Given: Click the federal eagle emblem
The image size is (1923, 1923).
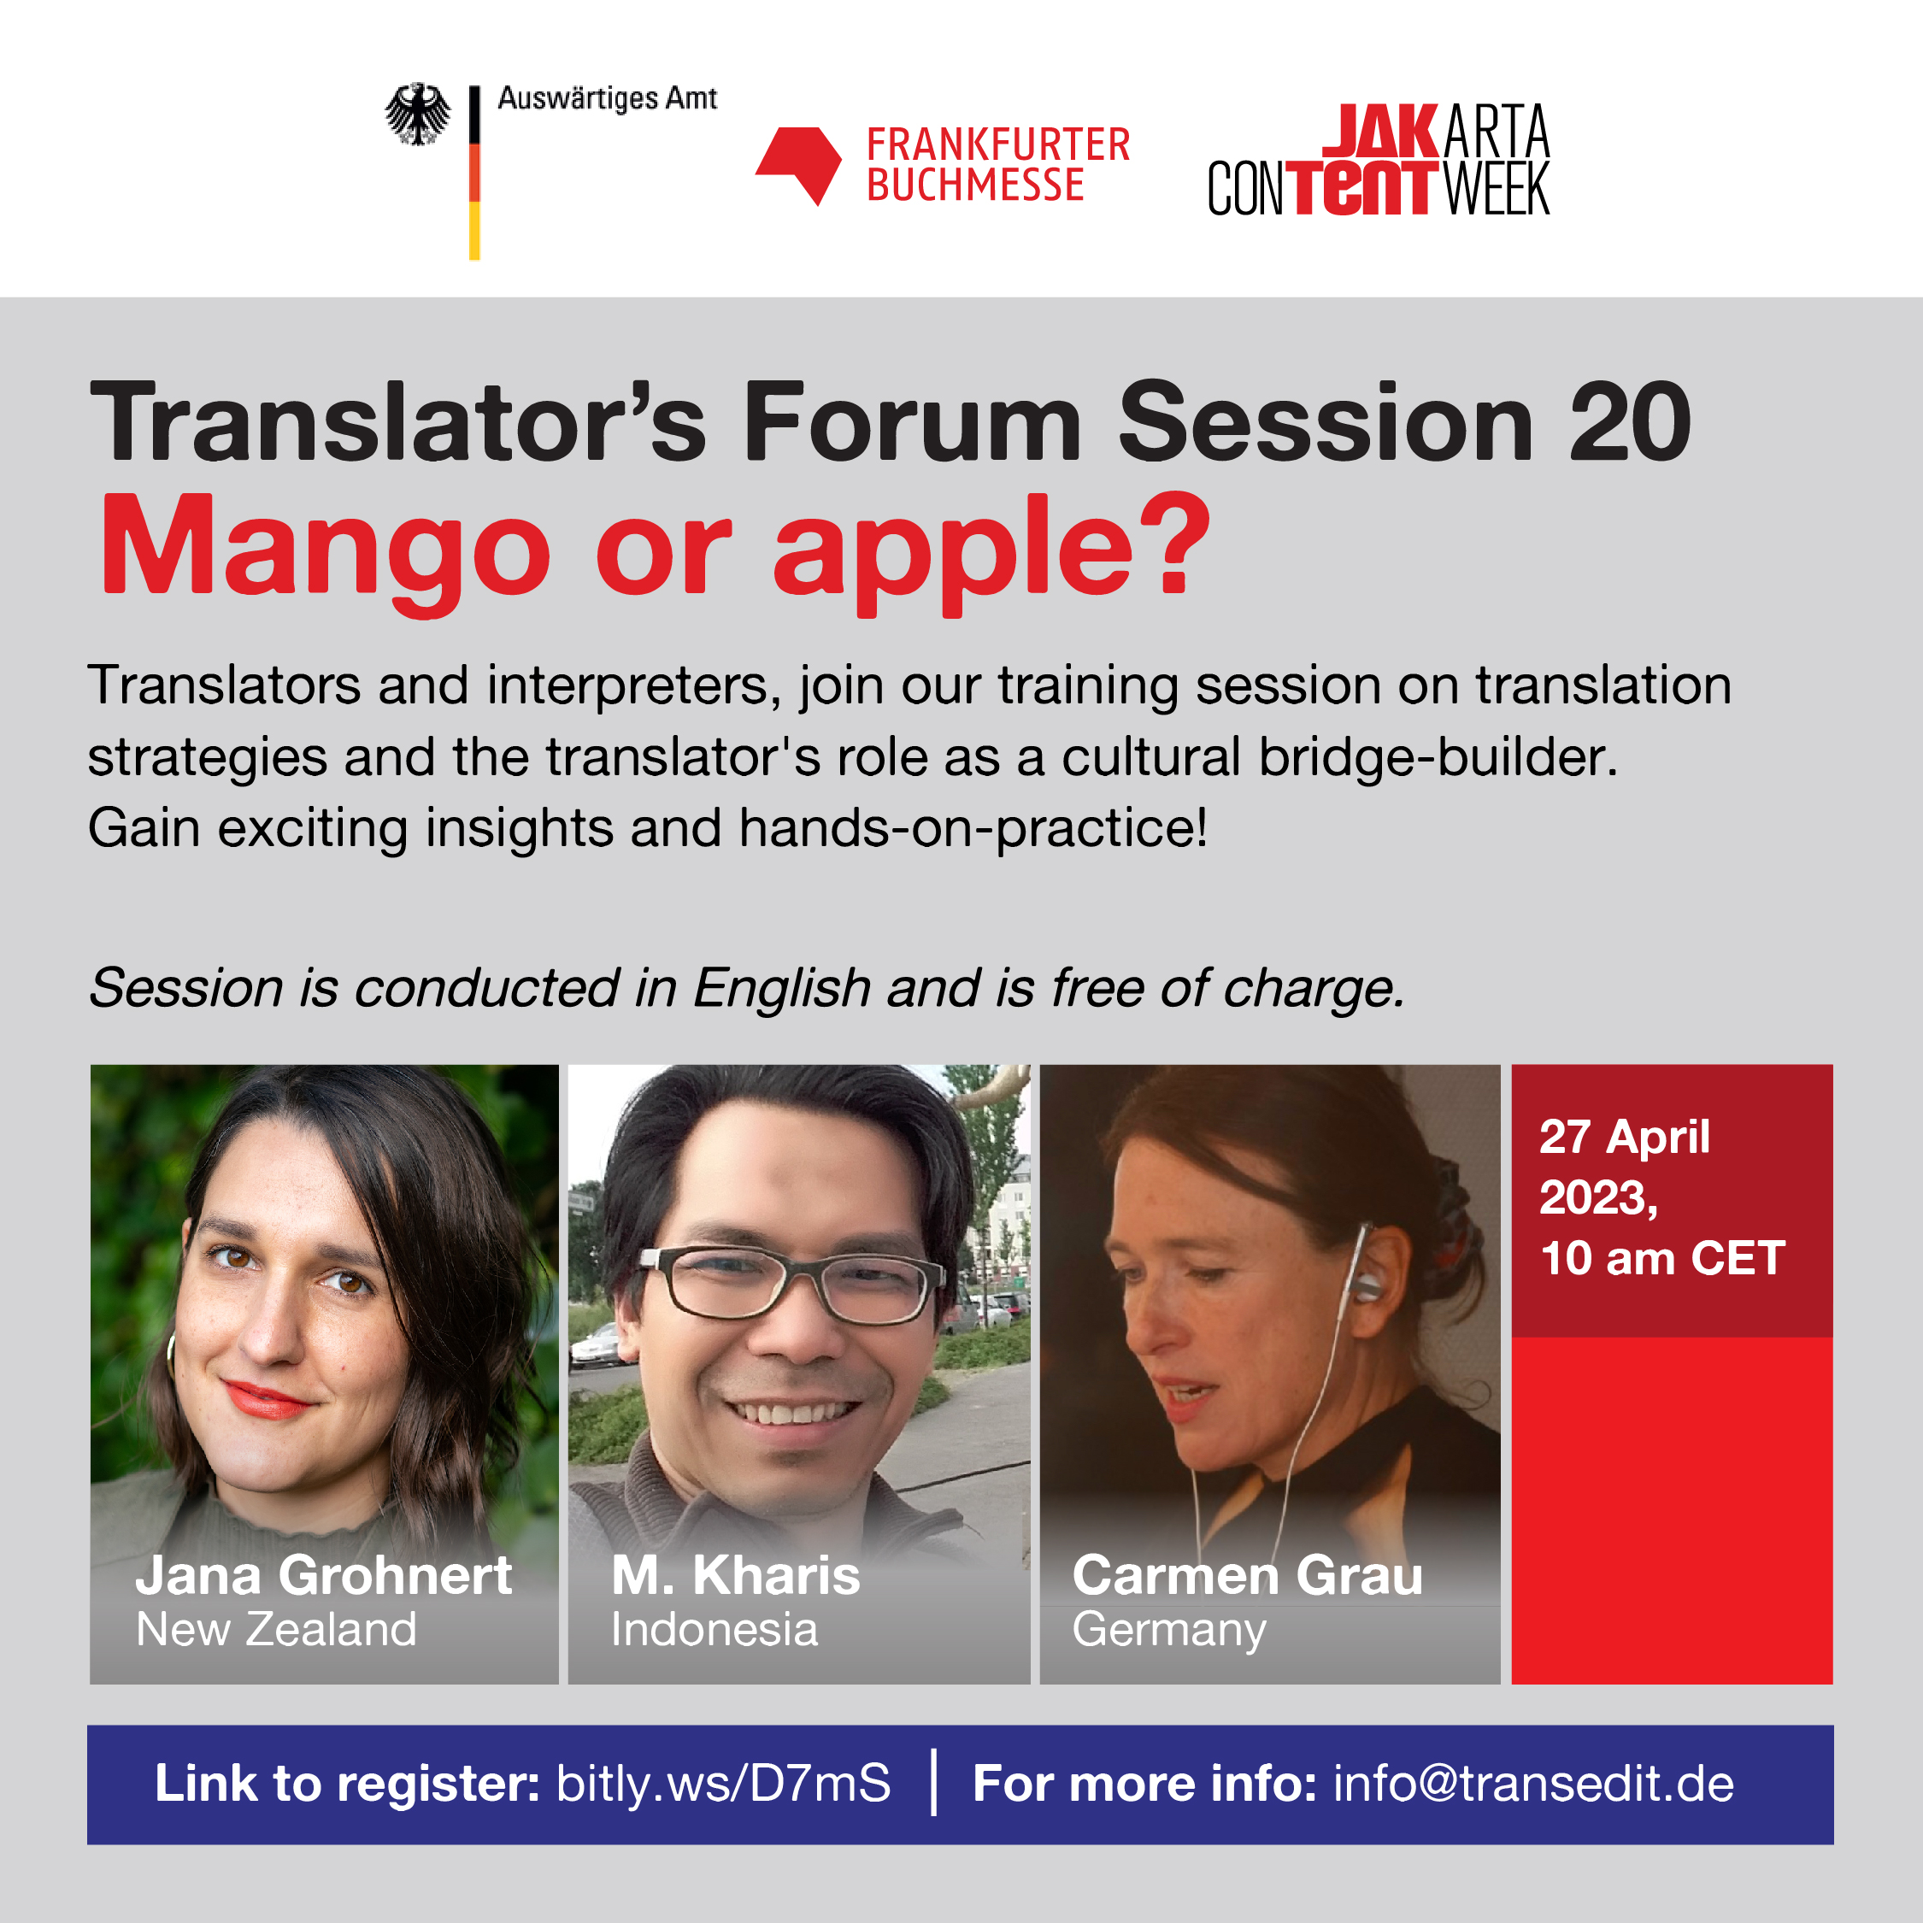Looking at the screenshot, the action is coord(418,114).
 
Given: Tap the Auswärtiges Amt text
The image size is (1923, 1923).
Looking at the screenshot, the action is coord(607,98).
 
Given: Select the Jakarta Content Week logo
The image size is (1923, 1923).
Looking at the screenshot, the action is coord(1379,159).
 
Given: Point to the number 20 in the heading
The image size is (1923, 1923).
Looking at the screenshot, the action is coord(1631,423).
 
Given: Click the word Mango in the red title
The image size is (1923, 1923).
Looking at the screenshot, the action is coord(326,554).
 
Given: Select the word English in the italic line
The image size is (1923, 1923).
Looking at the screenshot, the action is coord(782,988).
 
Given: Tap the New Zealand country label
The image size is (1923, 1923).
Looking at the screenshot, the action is coord(276,1629).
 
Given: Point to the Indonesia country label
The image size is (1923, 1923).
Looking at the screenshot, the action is coord(714,1629).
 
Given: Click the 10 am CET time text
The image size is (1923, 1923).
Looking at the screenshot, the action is coord(1662,1258).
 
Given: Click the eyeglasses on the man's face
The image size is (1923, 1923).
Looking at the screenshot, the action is coord(791,1284).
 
